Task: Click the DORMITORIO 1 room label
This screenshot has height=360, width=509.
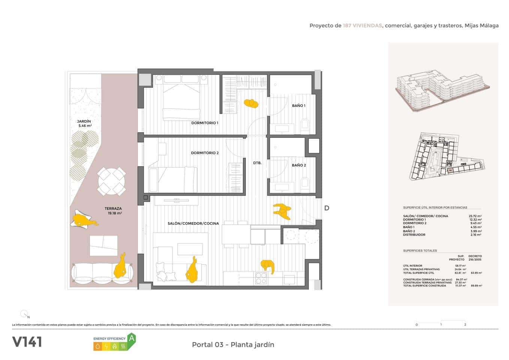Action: coord(205,123)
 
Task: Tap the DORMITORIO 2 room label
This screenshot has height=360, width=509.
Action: coord(205,153)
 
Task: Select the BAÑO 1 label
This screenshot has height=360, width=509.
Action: coord(299,106)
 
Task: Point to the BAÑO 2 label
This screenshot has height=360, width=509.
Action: coord(299,165)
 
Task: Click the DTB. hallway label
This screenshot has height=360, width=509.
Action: coord(257,163)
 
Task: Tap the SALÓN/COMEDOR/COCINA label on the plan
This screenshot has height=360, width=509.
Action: coord(193,223)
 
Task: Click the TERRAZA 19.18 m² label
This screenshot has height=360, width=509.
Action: coord(113,211)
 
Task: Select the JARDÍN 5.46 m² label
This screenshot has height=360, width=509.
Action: coord(84,123)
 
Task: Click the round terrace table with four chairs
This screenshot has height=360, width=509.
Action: coord(112,181)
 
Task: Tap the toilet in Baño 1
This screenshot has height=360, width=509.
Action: coord(305,126)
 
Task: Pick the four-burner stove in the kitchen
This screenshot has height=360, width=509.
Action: coord(261,278)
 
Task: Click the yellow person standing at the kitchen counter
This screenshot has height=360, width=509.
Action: coord(268,265)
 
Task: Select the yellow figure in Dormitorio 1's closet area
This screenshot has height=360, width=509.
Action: coord(251,103)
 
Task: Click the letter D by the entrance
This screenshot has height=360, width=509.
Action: coord(326,208)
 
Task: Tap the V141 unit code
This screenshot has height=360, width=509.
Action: coord(27,342)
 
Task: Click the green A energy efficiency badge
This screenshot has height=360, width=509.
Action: coord(131,338)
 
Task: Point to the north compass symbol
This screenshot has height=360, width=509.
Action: coord(24,313)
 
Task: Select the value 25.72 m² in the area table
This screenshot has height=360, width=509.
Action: coord(475,216)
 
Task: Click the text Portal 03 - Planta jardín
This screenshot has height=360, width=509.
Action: coord(233,345)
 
